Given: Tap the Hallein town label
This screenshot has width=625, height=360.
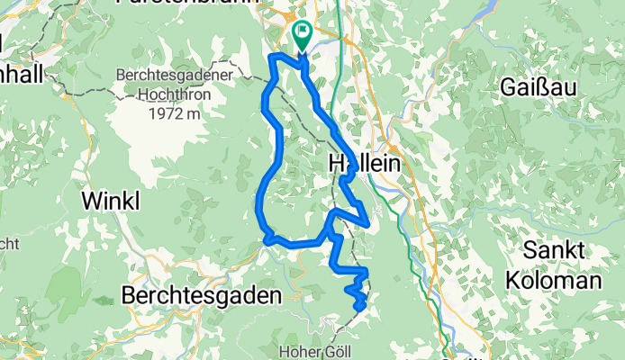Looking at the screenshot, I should pyautogui.click(x=363, y=163).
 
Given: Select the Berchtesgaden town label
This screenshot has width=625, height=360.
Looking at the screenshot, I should pyautogui.click(x=202, y=294).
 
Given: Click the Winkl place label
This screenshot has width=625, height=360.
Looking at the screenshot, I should pyautogui.click(x=111, y=201).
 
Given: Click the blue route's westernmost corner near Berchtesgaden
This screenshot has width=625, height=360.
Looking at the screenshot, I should pyautogui.click(x=266, y=239).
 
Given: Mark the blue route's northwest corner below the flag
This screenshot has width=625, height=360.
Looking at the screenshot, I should pyautogui.click(x=273, y=58).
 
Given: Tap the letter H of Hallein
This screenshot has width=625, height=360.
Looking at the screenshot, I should pyautogui.click(x=337, y=163).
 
